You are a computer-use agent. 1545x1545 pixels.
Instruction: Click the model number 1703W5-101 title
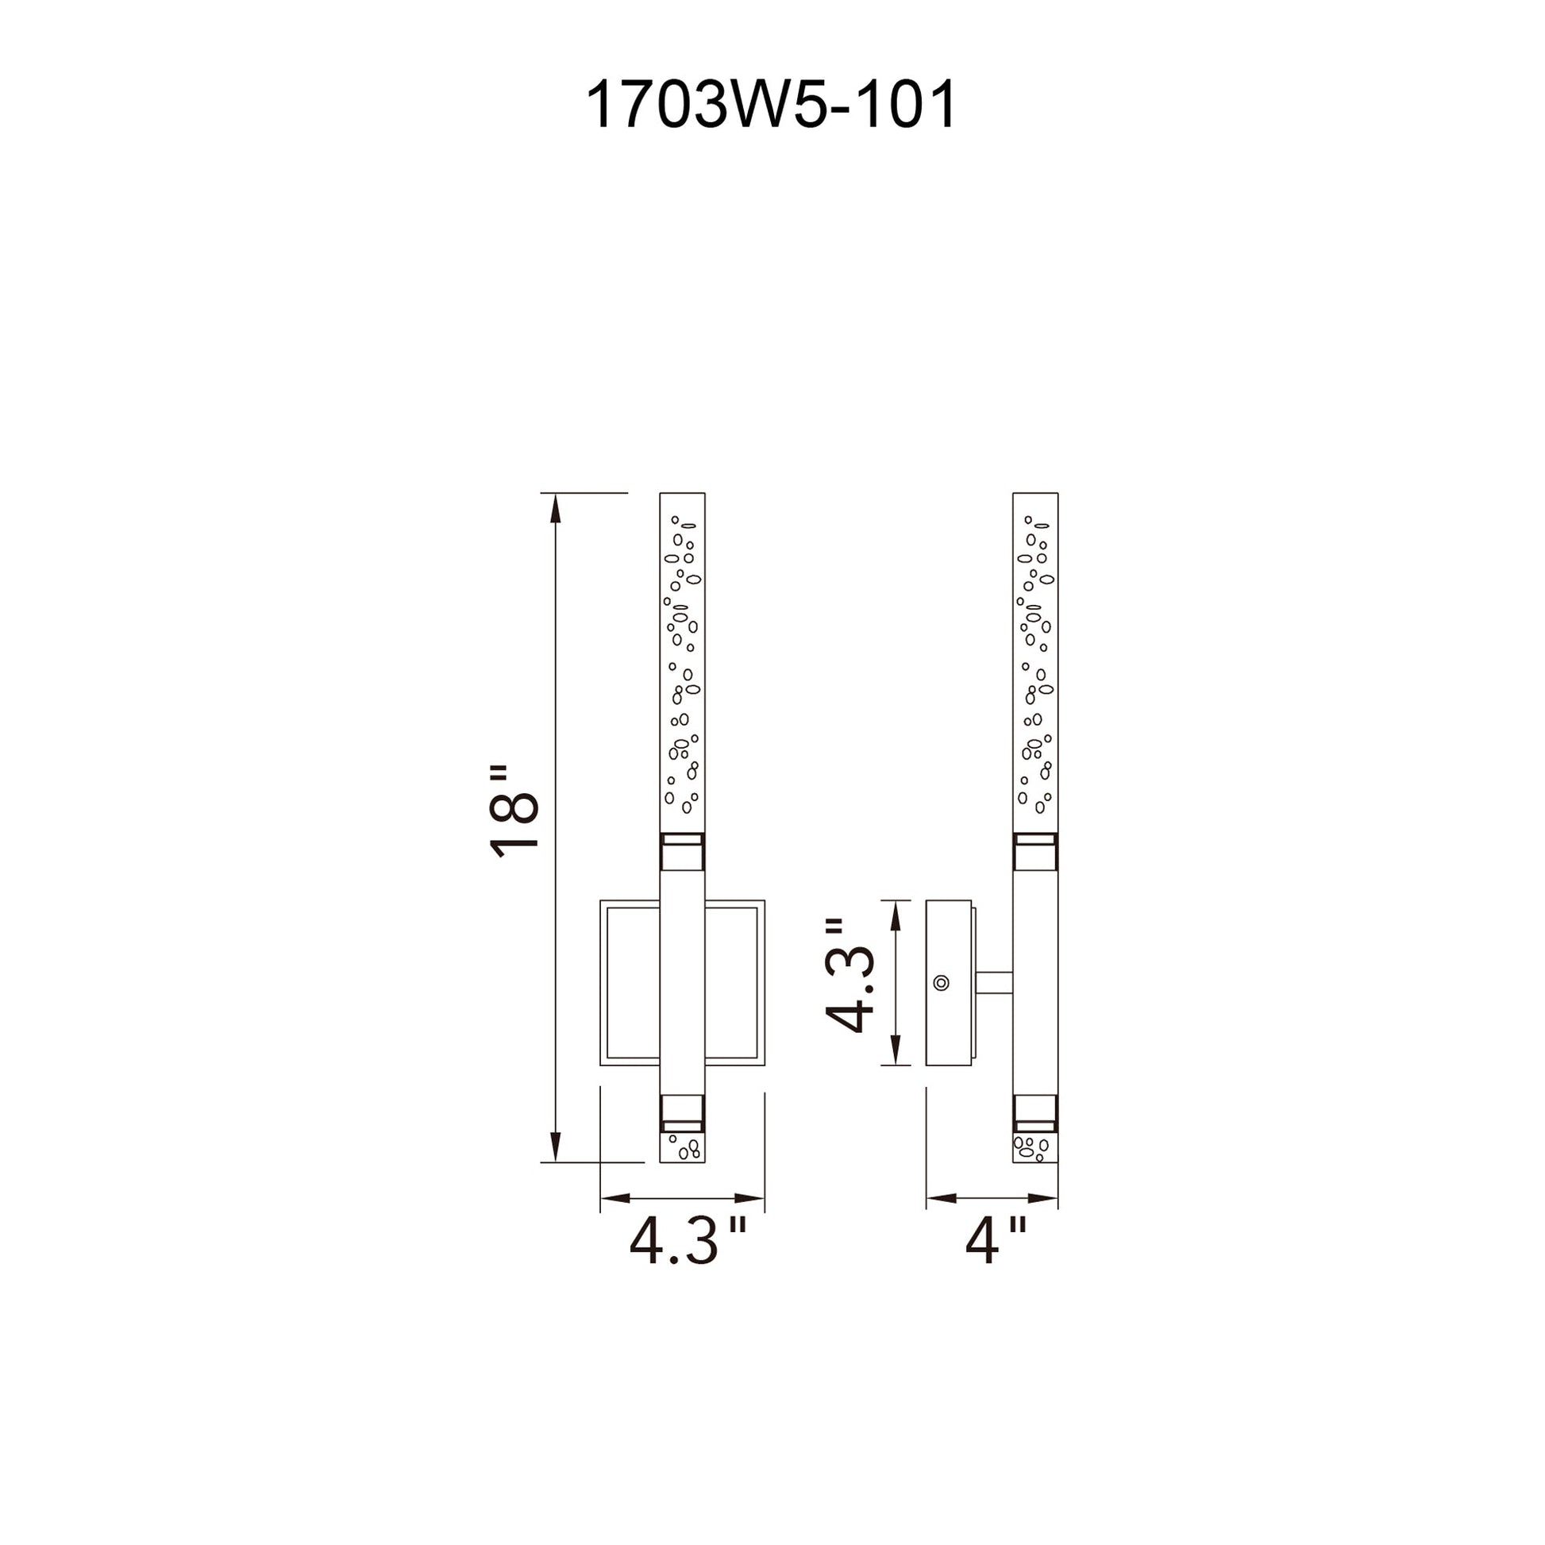pos(771,105)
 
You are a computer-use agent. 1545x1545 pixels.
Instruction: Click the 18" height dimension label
pos(514,811)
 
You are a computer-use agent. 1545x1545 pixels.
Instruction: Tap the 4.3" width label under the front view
pos(688,1241)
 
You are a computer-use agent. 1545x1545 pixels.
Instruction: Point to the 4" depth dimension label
pos(995,1241)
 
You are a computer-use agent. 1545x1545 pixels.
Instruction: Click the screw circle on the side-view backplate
pos(942,983)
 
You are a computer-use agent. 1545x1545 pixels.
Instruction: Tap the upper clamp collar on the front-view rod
pos(682,853)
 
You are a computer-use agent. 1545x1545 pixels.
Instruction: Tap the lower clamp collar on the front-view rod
pos(682,1113)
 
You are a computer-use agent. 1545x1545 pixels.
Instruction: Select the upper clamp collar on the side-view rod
pos(1034,853)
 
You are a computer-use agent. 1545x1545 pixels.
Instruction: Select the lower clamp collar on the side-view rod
pos(1034,1113)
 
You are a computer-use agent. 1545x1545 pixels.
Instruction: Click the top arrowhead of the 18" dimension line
pos(557,509)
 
